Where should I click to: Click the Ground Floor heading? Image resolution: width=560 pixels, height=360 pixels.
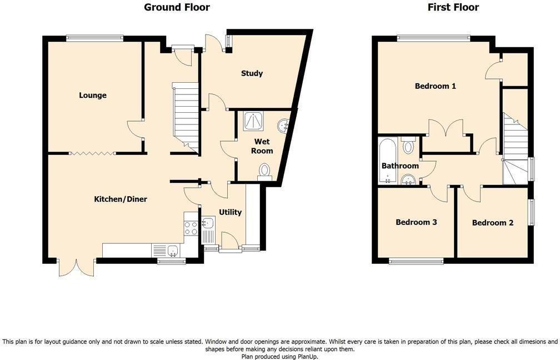(177, 7)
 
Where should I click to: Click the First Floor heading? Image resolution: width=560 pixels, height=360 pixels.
(453, 7)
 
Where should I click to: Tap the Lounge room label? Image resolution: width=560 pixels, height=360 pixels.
(92, 95)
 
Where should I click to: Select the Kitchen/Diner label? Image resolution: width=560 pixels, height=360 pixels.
(120, 198)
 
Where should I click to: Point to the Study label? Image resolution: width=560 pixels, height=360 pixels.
(252, 73)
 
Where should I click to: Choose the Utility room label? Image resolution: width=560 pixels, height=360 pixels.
(229, 212)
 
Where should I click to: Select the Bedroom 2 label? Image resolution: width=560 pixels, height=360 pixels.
(492, 223)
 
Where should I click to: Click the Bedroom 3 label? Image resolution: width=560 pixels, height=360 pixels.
(416, 222)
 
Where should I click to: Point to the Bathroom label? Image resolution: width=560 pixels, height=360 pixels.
(399, 166)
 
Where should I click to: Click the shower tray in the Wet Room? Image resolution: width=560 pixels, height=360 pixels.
(253, 121)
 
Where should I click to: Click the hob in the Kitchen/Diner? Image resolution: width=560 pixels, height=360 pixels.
(191, 228)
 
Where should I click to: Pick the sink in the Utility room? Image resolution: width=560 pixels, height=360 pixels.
(208, 223)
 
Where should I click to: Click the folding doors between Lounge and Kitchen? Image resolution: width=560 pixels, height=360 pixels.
(92, 152)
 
